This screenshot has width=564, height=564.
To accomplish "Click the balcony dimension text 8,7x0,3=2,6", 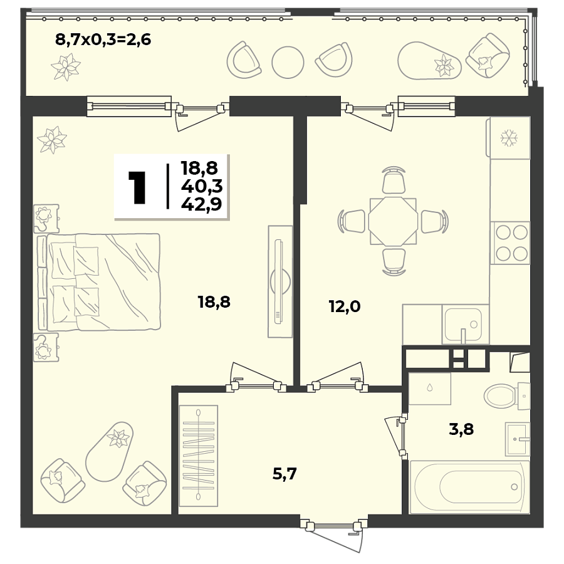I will [103, 41].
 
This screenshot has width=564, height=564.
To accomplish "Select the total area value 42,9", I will [201, 204].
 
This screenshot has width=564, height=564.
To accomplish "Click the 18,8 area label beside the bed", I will [214, 303].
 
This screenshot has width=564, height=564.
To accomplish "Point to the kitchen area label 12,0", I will [345, 307].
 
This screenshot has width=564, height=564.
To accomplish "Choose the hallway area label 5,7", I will [284, 474].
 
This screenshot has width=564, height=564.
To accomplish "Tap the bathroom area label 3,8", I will [461, 429].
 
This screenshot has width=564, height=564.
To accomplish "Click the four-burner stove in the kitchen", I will [510, 243].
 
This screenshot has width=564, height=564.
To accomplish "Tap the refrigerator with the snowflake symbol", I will [509, 137].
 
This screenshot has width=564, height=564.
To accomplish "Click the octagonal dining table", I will [392, 222].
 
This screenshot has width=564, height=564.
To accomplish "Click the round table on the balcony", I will [288, 61].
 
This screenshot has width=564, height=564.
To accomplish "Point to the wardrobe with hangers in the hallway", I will [199, 456].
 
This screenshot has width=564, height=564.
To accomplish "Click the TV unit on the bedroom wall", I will [280, 282].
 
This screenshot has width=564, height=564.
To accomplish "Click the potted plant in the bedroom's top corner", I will [51, 139].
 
